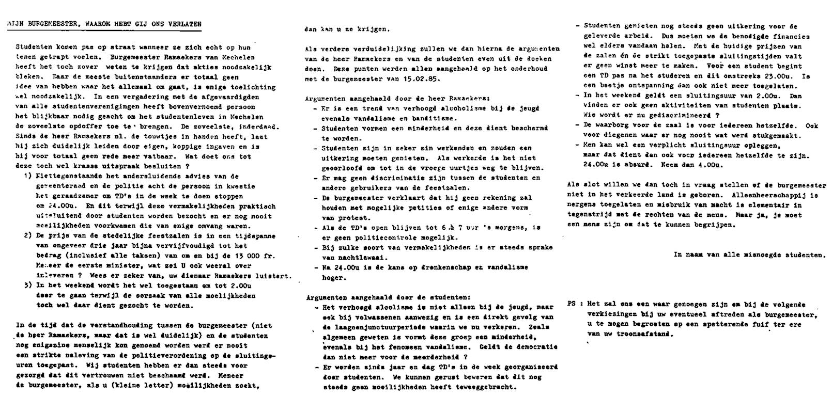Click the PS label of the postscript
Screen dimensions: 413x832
[x=571, y=304]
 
